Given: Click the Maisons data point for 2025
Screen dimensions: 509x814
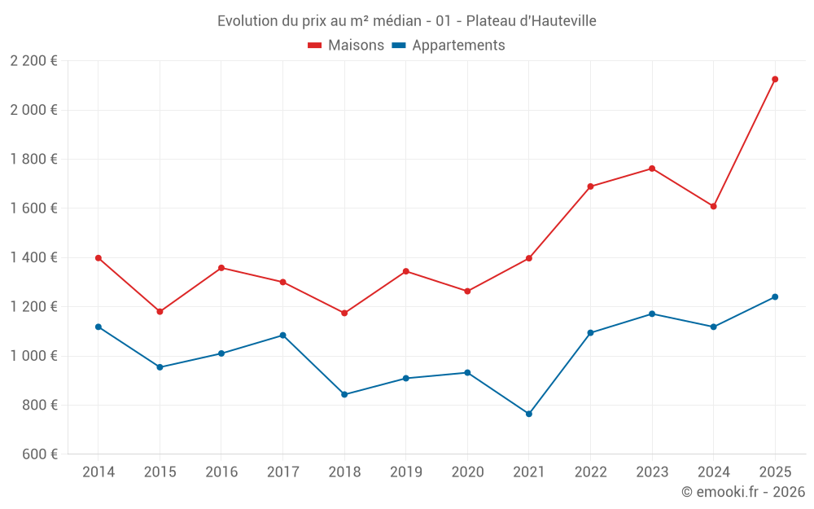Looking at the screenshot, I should (775, 79).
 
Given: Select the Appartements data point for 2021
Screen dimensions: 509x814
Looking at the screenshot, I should (529, 414).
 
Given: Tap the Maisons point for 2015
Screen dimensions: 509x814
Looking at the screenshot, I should (160, 311).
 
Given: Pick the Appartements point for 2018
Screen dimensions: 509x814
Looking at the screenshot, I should (344, 394).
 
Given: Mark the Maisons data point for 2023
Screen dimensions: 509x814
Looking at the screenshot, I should (652, 169).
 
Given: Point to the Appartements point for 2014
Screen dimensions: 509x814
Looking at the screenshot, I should (98, 327).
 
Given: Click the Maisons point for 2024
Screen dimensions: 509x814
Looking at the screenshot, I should (713, 206).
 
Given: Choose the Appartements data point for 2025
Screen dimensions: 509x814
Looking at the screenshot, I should (775, 296).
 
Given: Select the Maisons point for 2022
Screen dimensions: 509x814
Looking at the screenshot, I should (590, 186).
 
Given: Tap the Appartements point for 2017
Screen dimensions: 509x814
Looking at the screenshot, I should (282, 335).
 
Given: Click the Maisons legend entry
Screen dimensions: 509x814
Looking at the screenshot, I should (346, 46).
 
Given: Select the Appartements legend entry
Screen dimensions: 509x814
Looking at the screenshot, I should (449, 46).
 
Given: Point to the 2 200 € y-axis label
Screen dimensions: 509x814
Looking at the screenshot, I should (33, 60).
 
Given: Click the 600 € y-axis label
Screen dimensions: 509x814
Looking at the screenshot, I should (38, 454).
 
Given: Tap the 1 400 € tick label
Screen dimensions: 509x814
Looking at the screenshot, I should (33, 257).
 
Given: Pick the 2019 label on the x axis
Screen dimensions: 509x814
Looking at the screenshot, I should (405, 472).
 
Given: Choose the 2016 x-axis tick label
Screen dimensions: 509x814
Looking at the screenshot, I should (221, 472).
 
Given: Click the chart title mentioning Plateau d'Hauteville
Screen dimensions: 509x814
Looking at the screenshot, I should (407, 20).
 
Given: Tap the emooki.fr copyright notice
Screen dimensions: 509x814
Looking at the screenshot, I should (742, 491).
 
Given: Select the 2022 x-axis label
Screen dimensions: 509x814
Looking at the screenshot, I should (590, 472).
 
